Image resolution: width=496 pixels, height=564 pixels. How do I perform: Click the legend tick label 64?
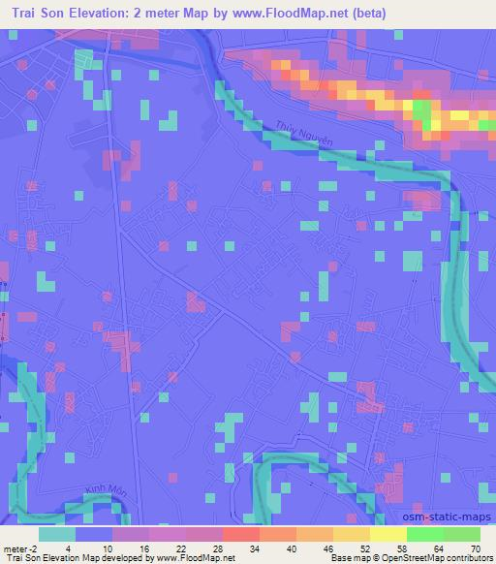pos(439,548)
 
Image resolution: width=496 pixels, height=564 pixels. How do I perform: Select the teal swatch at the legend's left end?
pos(57,533)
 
